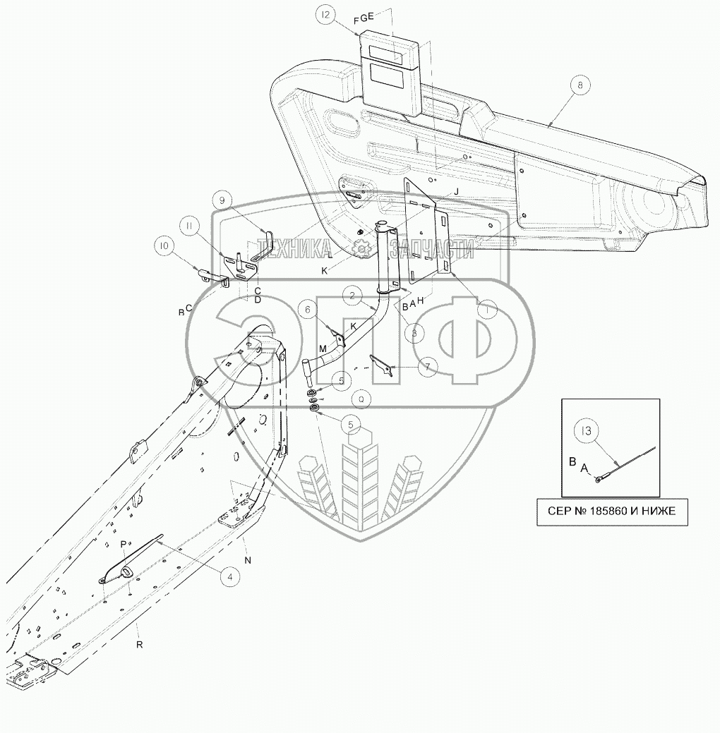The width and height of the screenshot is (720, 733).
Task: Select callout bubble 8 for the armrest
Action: (580, 85)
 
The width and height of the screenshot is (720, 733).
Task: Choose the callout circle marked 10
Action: (164, 246)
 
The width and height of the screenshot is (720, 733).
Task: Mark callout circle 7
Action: (427, 367)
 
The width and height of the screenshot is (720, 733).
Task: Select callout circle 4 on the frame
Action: (227, 576)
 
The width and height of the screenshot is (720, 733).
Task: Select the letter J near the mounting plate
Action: (457, 191)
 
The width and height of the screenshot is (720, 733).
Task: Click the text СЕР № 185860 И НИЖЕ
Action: (611, 511)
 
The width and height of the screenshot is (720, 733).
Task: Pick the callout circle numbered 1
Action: (486, 308)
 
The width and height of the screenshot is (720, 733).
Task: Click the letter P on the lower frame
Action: (123, 544)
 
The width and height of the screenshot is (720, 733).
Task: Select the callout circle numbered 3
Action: (415, 331)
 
